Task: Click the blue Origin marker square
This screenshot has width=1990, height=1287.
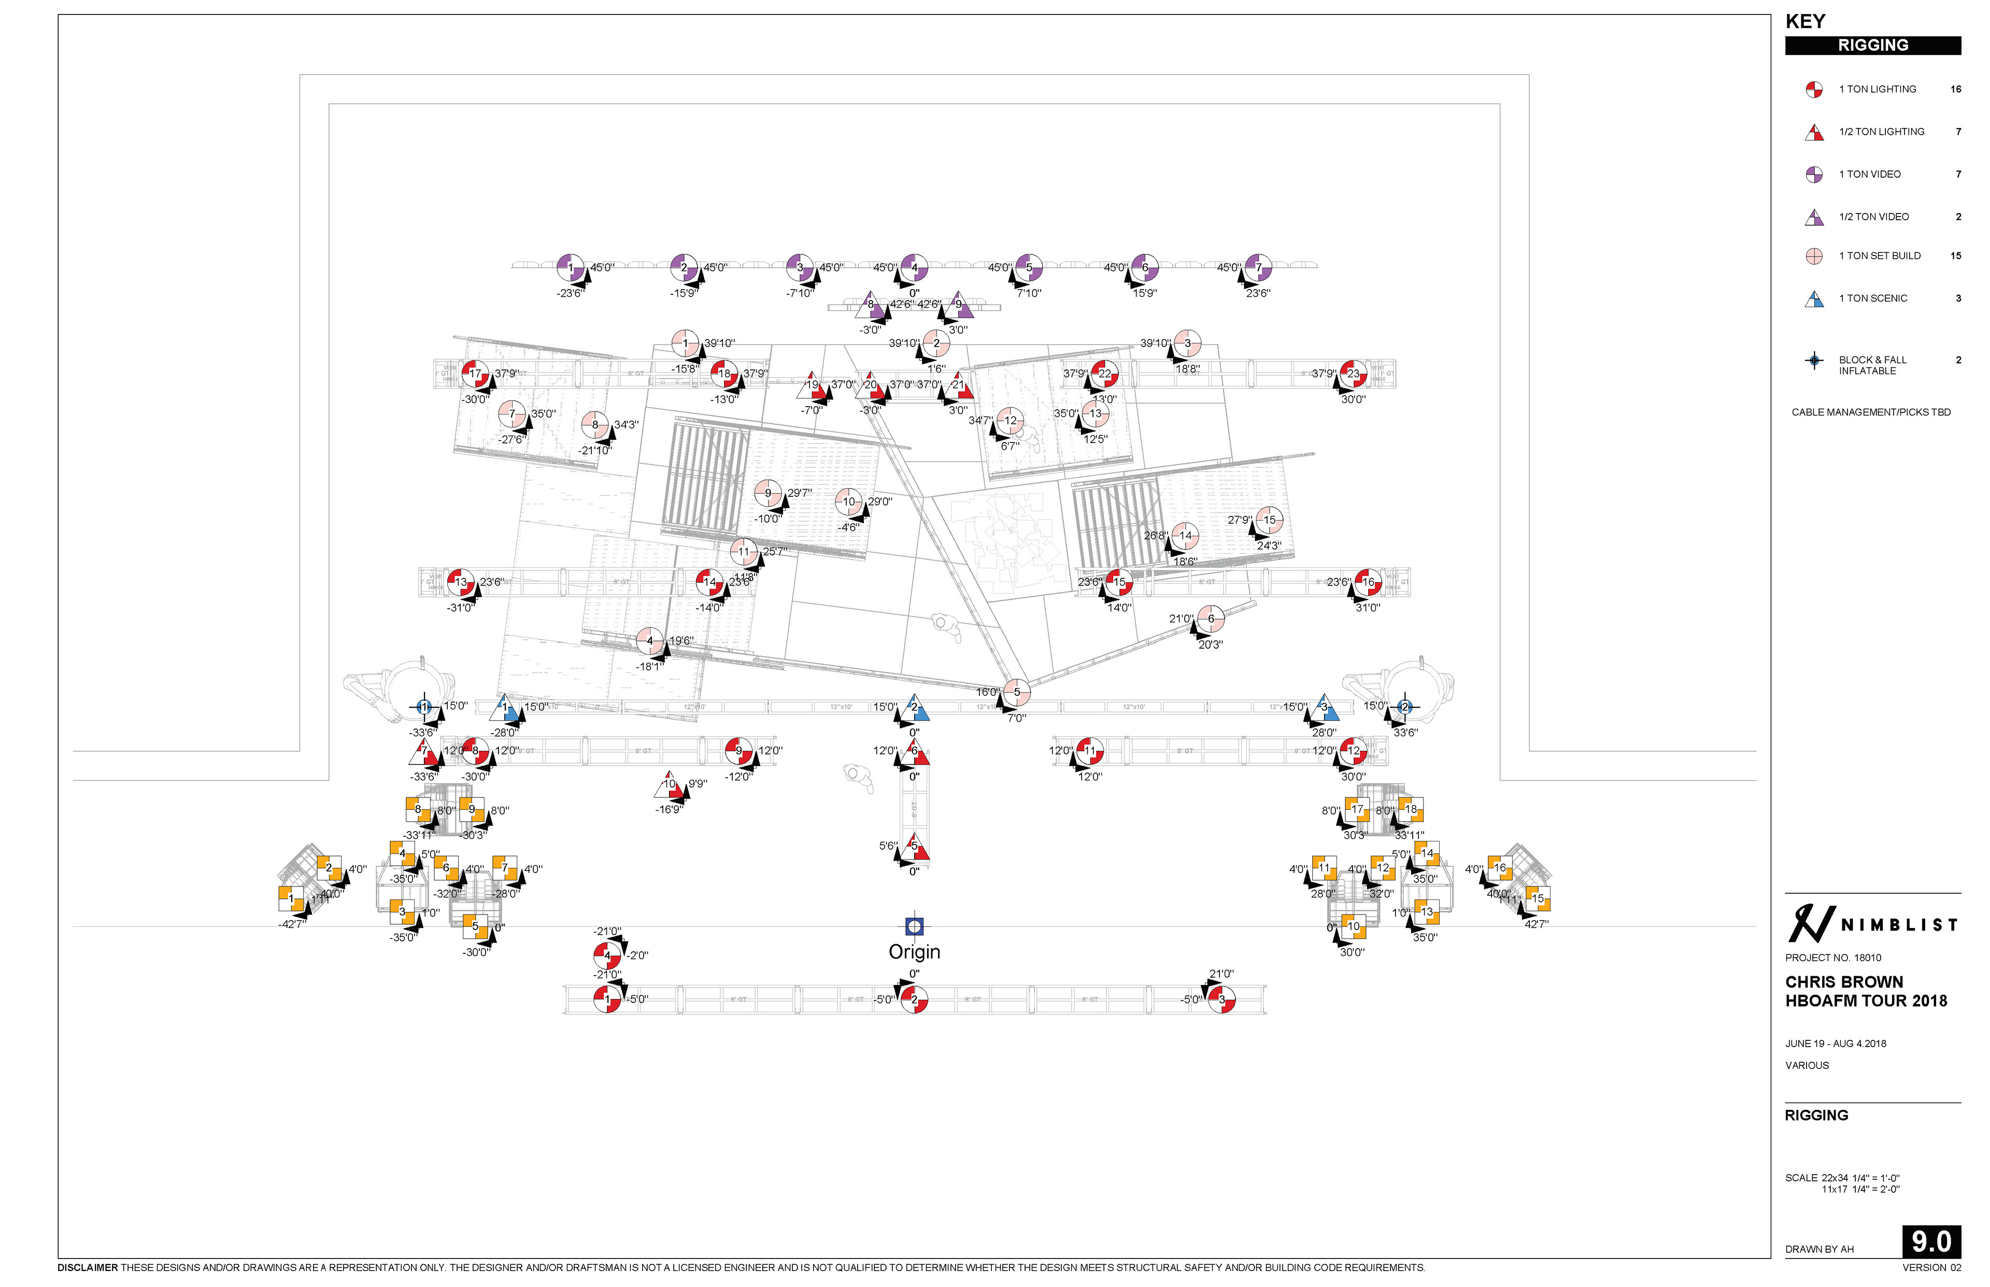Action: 914,925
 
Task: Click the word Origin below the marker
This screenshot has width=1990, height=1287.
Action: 914,952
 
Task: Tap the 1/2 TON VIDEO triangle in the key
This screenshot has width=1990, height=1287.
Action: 1813,217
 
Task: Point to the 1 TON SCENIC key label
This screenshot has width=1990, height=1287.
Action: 1872,298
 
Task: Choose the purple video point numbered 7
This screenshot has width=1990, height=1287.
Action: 1257,267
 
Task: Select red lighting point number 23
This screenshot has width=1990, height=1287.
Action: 1352,374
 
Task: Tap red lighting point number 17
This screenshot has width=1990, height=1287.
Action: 475,374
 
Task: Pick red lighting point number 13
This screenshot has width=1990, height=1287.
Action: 460,582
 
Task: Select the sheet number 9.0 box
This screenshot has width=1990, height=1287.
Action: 1930,1241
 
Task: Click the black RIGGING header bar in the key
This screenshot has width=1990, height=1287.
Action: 1872,45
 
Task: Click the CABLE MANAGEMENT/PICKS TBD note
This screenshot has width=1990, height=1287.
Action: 1870,412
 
